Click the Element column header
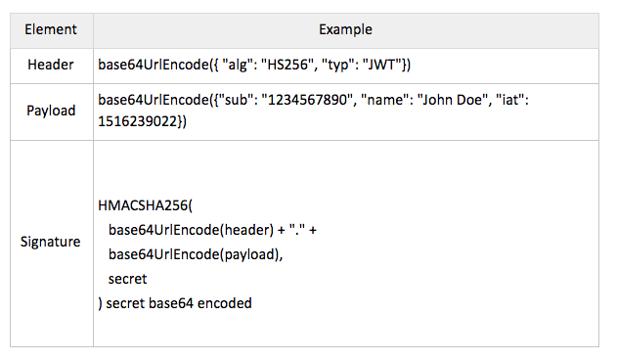[51, 29]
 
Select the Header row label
[51, 66]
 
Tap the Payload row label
[51, 111]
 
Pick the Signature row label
[51, 242]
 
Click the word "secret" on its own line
[128, 279]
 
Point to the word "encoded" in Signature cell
[225, 303]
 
